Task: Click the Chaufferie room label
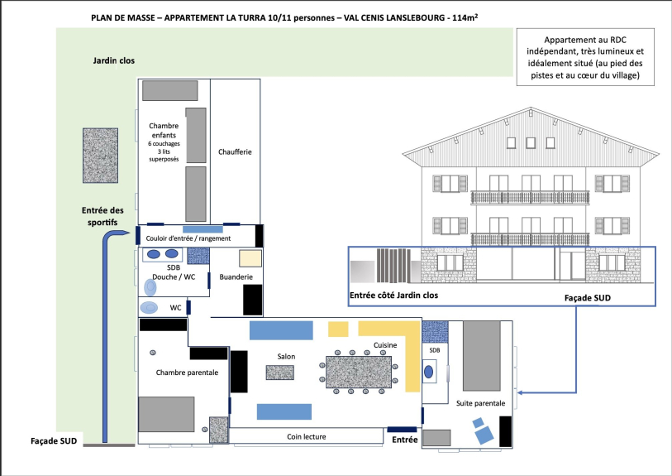click(x=235, y=152)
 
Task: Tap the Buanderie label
click(x=236, y=276)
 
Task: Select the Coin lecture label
click(x=307, y=436)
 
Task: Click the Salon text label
click(x=286, y=356)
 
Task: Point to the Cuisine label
click(x=385, y=345)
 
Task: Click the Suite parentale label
click(x=480, y=403)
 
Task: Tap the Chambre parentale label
click(x=187, y=373)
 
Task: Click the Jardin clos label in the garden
click(x=114, y=60)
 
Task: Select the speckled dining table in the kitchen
click(x=359, y=372)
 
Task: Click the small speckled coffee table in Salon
click(x=280, y=373)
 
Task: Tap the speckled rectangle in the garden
click(x=100, y=156)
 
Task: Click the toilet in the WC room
click(x=150, y=308)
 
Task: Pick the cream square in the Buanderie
click(x=250, y=258)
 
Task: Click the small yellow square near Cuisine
click(x=338, y=329)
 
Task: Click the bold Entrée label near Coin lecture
click(x=404, y=440)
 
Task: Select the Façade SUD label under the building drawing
click(x=588, y=298)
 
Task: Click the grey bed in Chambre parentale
click(x=166, y=414)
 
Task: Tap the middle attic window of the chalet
click(x=531, y=143)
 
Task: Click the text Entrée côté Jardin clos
click(x=393, y=296)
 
